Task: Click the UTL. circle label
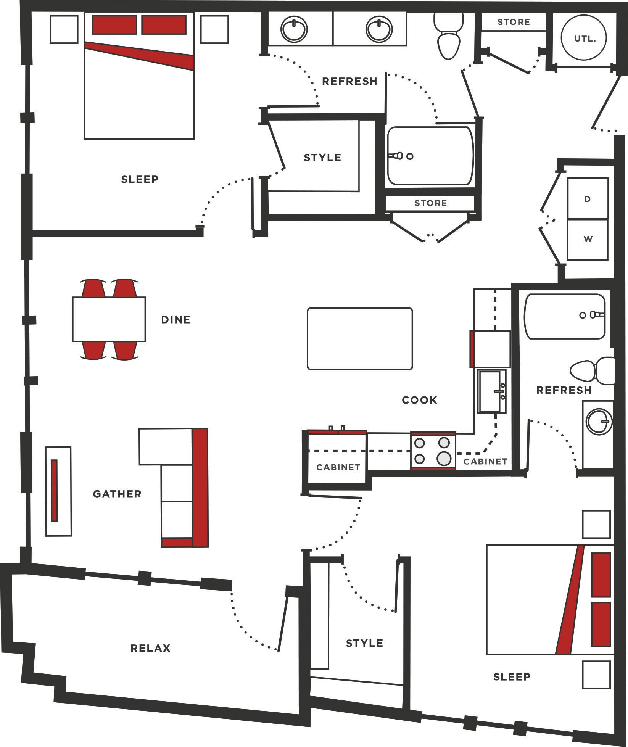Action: point(584,39)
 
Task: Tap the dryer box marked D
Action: point(587,199)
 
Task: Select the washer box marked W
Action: point(588,239)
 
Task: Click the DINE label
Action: point(176,320)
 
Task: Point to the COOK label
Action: point(419,400)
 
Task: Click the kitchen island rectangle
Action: point(359,339)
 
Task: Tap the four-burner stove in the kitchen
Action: point(433,450)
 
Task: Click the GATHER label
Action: point(117,494)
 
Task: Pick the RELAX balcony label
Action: point(150,648)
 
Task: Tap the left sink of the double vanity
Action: point(294,29)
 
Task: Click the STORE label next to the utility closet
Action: point(514,22)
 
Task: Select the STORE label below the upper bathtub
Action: point(430,203)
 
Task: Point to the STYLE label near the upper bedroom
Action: point(322,158)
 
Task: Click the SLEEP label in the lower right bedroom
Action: point(512,677)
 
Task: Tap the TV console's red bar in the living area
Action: point(54,491)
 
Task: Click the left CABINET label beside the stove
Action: point(338,467)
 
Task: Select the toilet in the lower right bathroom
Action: point(591,371)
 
